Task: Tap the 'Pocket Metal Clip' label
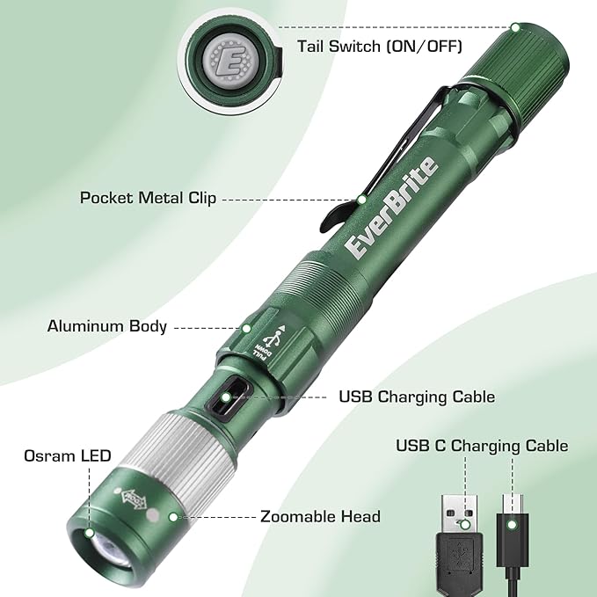[x=148, y=198]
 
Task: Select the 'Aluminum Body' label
[x=106, y=326]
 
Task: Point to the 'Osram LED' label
[x=68, y=455]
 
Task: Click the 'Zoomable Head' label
[x=320, y=516]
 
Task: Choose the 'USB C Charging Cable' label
[x=482, y=446]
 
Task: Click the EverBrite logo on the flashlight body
[x=390, y=207]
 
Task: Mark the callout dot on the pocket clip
[x=360, y=200]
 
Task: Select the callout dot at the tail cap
[x=515, y=27]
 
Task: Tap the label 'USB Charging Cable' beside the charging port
[x=416, y=397]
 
